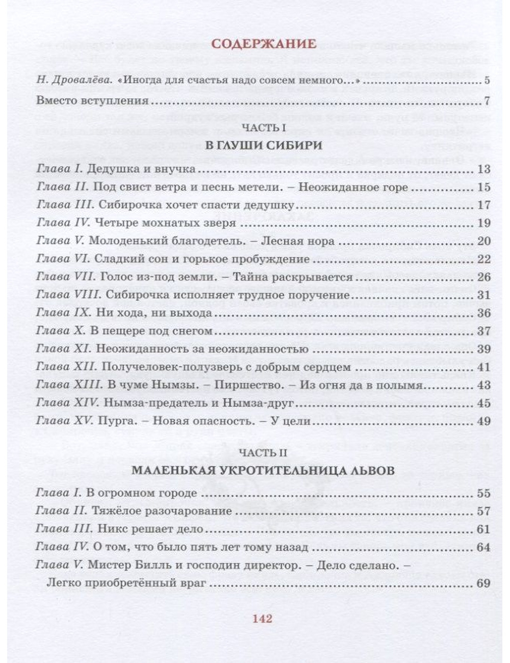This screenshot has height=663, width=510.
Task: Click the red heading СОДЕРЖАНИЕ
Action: tap(264, 44)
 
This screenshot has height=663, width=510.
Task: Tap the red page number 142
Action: tap(263, 619)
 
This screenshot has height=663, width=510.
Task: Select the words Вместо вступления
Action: tap(92, 100)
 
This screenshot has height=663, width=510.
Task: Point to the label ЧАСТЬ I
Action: tap(263, 127)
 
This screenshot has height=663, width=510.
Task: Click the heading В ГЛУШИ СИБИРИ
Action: tap(263, 145)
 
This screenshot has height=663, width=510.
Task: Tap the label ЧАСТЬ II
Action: tap(263, 452)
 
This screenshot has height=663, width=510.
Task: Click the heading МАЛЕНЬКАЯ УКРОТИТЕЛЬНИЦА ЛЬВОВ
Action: tap(263, 470)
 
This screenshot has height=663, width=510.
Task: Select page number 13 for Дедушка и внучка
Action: tap(483, 169)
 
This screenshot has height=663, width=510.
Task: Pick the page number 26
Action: tap(483, 277)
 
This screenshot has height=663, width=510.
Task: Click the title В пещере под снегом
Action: tap(150, 331)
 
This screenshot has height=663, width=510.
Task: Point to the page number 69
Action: tap(483, 583)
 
